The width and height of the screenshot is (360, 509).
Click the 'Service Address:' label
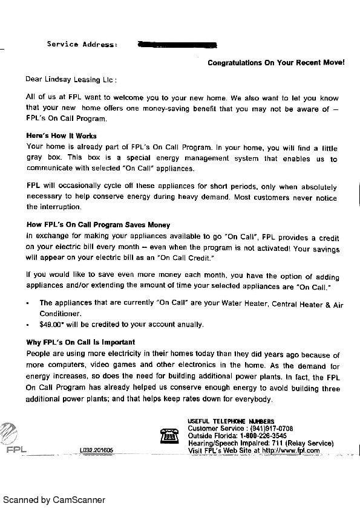coord(82,44)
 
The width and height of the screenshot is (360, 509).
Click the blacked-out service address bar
coord(177,44)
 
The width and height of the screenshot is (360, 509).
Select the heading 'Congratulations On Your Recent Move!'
coord(276,62)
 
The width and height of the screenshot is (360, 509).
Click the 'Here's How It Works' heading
coord(61,135)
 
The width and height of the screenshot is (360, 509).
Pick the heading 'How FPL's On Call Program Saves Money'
coord(98,225)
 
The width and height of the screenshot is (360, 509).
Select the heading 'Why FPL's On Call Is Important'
coord(80,343)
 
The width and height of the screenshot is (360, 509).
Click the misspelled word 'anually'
coord(190,325)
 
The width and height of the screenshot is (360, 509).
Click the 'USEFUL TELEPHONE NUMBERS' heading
coord(231,421)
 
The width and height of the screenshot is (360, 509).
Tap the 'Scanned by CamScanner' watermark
coord(54,500)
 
